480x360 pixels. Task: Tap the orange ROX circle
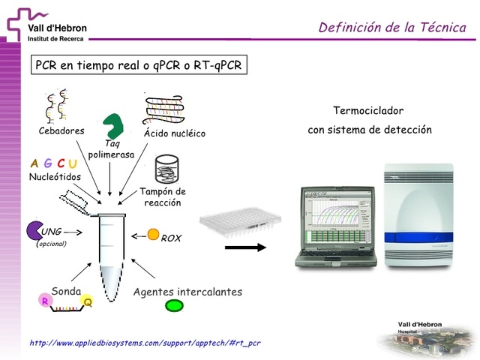click(x=153, y=235)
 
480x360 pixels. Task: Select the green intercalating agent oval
click(x=174, y=305)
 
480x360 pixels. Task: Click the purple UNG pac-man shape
click(x=34, y=230)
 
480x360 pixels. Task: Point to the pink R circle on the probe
click(x=46, y=301)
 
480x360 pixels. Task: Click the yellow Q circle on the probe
click(x=88, y=301)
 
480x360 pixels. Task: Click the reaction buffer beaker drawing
click(x=166, y=170)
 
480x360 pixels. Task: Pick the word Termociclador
click(x=368, y=110)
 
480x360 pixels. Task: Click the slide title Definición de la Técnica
click(x=392, y=28)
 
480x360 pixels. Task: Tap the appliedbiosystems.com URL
click(x=145, y=343)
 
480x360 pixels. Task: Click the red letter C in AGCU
click(x=60, y=163)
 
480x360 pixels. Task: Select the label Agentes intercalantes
click(x=187, y=292)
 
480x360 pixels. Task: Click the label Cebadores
click(x=61, y=130)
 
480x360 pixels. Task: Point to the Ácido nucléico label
click(x=174, y=133)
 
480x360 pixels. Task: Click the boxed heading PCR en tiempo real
click(x=139, y=64)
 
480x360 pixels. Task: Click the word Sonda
click(x=66, y=291)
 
